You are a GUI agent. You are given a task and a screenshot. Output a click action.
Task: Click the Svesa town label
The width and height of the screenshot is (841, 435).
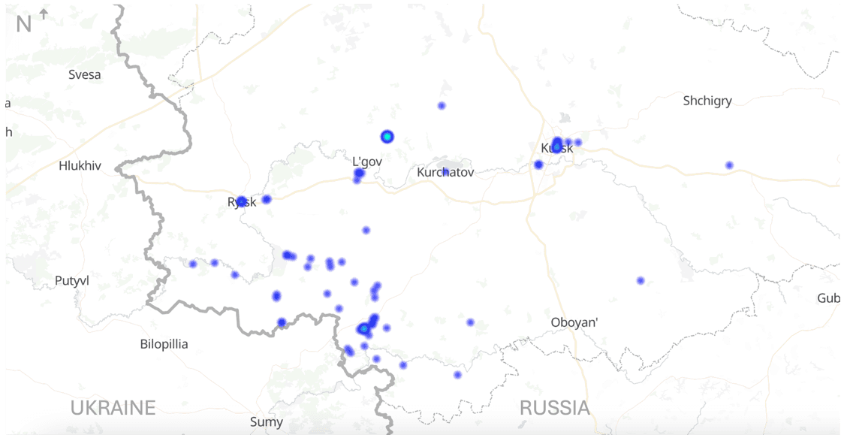tap(84, 74)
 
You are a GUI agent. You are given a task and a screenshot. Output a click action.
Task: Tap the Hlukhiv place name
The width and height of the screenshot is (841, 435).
tap(80, 166)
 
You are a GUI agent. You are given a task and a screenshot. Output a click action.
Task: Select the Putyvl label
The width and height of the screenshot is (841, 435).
tap(72, 281)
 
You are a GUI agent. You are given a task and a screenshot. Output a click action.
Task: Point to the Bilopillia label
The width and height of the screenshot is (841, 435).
tap(164, 344)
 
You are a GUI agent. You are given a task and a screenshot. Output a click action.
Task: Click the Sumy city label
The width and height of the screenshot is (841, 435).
tap(267, 422)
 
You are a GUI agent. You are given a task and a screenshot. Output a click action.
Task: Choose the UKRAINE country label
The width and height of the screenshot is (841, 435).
tap(113, 408)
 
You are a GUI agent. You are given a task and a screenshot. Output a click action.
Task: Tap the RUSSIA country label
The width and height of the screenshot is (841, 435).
tap(555, 408)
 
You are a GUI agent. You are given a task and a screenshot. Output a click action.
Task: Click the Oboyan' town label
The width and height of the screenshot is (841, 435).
tap(574, 322)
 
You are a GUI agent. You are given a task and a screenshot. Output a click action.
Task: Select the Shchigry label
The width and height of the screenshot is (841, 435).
tap(707, 101)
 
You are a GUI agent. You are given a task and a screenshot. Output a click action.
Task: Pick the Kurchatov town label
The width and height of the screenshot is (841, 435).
tap(445, 173)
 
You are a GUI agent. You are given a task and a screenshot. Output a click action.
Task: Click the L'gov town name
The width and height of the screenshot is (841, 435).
tap(368, 161)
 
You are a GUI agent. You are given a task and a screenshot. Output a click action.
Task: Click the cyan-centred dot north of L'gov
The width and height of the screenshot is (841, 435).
tap(387, 137)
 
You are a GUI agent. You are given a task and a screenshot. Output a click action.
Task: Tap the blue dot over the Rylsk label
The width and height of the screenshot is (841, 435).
tap(242, 201)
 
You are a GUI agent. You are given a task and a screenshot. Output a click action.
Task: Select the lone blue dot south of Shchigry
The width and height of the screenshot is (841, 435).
tap(729, 165)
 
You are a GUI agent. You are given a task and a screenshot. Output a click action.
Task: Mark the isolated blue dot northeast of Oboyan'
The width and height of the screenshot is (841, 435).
tap(641, 280)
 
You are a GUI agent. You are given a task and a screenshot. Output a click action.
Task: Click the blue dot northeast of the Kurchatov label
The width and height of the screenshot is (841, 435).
tap(442, 106)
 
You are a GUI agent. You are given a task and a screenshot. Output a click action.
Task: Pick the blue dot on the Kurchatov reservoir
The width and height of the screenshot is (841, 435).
tap(446, 172)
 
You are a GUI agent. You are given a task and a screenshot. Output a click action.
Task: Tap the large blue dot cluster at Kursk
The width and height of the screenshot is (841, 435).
tap(556, 144)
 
